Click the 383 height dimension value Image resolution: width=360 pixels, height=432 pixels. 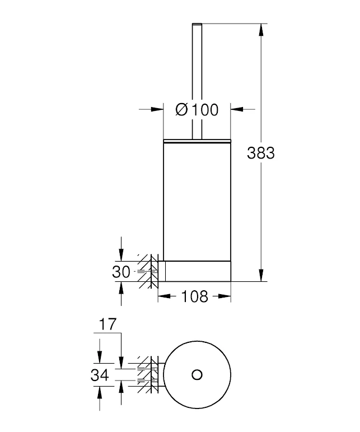(261, 152)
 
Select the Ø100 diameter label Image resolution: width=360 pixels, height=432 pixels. (197, 110)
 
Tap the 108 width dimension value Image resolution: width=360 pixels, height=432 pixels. (195, 296)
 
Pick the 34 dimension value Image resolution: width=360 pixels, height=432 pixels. (100, 374)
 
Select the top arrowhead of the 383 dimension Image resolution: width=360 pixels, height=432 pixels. (261, 30)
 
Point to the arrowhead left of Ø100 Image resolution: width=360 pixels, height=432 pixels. (157, 110)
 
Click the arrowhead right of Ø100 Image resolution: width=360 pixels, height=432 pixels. (236, 110)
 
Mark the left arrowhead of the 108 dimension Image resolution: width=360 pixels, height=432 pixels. (163, 296)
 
